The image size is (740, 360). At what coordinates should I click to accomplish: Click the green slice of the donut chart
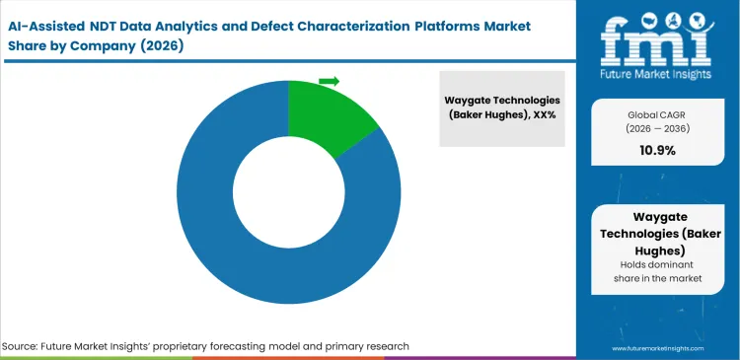[x=327, y=115]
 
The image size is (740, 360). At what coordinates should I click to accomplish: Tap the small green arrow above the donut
[x=329, y=81]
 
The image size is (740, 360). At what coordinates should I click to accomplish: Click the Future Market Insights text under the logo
[x=656, y=74]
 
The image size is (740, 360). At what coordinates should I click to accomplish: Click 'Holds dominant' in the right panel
[x=655, y=265]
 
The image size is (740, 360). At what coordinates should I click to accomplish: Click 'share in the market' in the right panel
[x=655, y=280]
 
